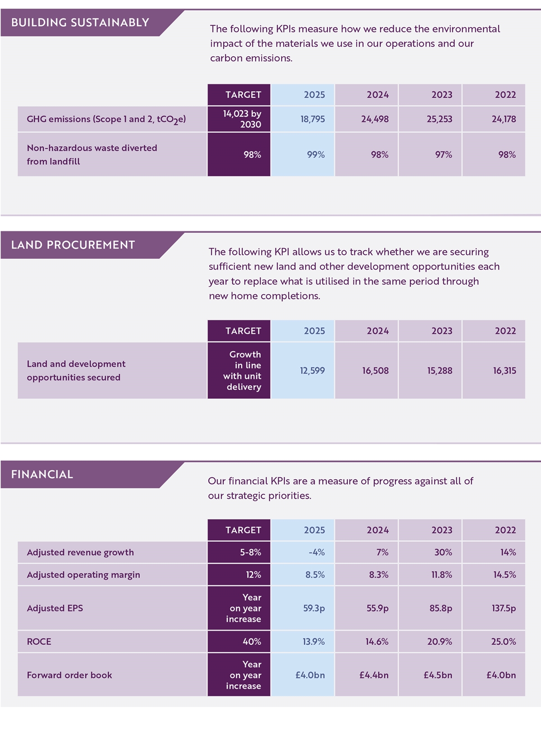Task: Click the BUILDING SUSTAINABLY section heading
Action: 80,23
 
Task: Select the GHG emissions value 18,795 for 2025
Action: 312,120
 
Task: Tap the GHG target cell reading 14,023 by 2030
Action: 242,119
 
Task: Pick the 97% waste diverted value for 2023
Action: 443,155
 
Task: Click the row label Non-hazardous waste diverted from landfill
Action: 92,155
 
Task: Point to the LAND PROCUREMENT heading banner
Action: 73,245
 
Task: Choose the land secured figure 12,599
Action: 312,371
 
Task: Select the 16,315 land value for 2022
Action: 504,371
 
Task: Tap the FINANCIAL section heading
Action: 42,474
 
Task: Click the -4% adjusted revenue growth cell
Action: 316,552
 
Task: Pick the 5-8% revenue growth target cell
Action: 250,552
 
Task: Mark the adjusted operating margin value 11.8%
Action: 440,575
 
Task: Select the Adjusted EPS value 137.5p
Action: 504,608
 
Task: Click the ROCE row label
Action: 39,642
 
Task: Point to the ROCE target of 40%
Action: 252,642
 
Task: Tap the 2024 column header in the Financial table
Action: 377,530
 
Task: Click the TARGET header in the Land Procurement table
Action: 243,331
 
